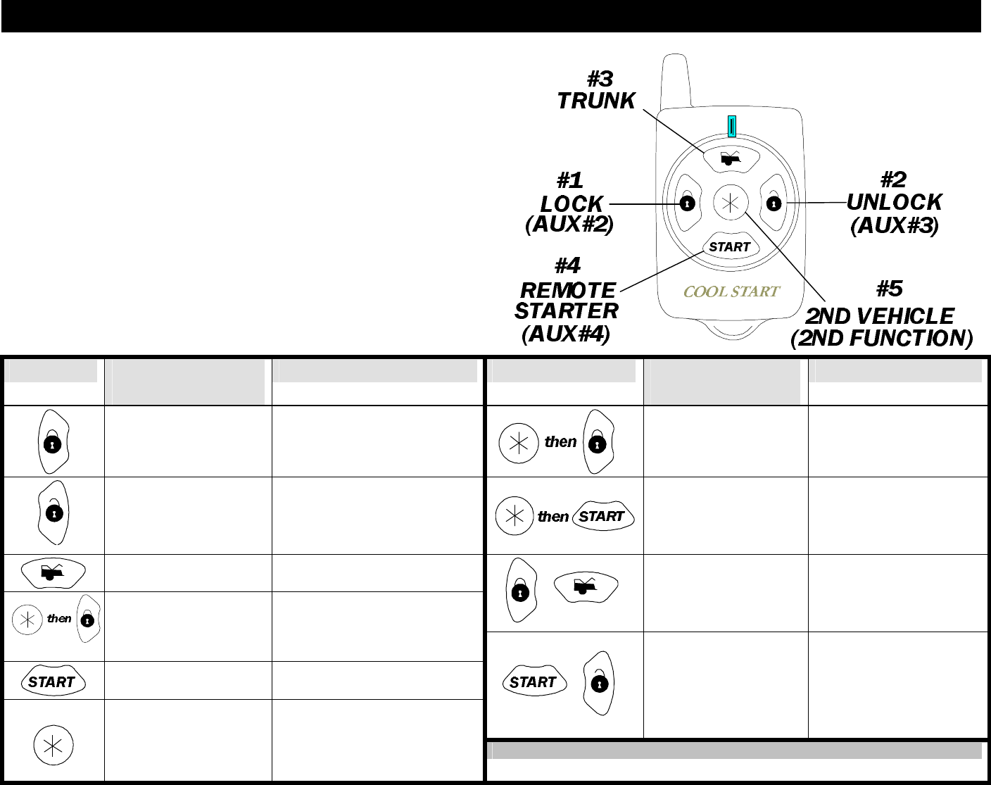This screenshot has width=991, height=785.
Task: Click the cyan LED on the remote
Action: (733, 126)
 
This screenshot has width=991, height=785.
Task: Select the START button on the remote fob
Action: (729, 246)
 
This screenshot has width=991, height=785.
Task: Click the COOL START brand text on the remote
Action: (731, 291)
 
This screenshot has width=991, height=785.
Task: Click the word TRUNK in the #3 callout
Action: (596, 101)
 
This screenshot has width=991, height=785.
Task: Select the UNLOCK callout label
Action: (894, 203)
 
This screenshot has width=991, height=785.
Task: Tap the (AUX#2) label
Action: (569, 225)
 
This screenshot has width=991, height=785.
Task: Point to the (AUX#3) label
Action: (895, 226)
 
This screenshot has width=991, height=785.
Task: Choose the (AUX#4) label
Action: (566, 333)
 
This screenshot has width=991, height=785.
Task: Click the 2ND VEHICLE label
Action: (880, 316)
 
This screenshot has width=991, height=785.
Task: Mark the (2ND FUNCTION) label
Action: (882, 339)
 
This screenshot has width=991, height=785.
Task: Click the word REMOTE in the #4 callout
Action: (567, 290)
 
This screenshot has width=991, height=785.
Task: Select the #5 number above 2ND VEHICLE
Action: (890, 289)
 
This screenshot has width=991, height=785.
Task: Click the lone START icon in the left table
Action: (53, 682)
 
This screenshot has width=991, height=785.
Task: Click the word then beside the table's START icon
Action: (553, 516)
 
